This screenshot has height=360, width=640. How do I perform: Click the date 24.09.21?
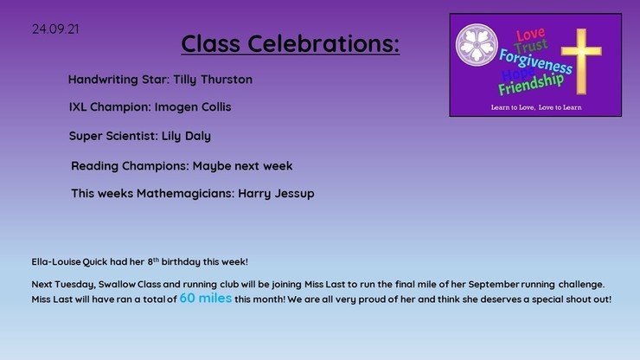coord(55,29)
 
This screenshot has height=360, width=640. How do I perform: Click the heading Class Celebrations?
coord(291,43)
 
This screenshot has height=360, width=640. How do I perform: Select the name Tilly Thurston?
coord(213,80)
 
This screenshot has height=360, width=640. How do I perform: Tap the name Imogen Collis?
coord(193,107)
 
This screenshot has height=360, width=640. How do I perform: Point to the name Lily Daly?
coord(186,136)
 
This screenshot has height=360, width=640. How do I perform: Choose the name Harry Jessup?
coord(277,194)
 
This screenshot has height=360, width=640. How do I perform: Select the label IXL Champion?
coord(108,107)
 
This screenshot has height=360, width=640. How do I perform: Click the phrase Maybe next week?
coord(242,166)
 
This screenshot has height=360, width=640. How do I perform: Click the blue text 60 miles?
coord(206,299)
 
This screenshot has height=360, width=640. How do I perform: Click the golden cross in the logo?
coord(581,61)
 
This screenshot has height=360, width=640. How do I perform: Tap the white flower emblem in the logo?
coord(477,45)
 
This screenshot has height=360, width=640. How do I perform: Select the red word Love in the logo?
coord(531,35)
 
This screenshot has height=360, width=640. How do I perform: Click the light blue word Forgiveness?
coord(535,61)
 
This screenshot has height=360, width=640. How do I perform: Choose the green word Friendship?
coord(531,83)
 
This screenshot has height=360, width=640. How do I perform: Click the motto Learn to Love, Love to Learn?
coord(536,107)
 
